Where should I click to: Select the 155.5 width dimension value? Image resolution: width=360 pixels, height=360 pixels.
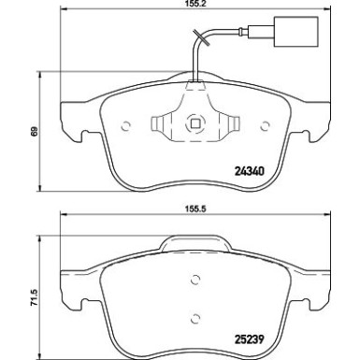point(196,209)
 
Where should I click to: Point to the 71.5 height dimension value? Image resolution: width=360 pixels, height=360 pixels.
point(34,297)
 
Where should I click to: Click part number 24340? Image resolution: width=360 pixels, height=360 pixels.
point(250,171)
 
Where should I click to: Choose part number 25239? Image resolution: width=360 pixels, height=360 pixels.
point(250,338)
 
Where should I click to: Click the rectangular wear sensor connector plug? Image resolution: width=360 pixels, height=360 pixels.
point(295,31)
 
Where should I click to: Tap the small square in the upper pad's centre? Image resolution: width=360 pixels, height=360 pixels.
point(195,124)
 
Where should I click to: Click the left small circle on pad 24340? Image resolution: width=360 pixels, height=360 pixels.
point(125,126)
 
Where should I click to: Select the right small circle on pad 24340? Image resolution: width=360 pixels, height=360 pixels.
point(265,126)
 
